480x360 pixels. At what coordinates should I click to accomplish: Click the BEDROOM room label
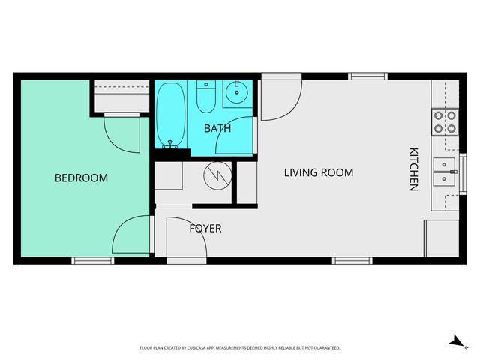tap(81, 178)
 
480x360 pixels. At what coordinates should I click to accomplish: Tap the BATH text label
tap(217, 128)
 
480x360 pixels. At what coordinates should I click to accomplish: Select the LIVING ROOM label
tap(318, 172)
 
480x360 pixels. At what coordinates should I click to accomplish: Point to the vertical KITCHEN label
tap(412, 169)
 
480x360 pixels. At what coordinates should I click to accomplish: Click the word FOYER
tap(205, 228)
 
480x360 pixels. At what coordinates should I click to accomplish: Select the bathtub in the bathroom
tap(172, 114)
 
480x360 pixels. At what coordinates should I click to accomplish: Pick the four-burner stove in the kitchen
tap(445, 121)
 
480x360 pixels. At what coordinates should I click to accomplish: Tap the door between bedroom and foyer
tap(131, 234)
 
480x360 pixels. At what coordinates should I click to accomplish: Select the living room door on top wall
tap(281, 97)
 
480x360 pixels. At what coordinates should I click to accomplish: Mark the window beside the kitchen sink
tap(463, 172)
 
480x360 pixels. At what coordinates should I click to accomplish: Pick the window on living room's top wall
tap(367, 76)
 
